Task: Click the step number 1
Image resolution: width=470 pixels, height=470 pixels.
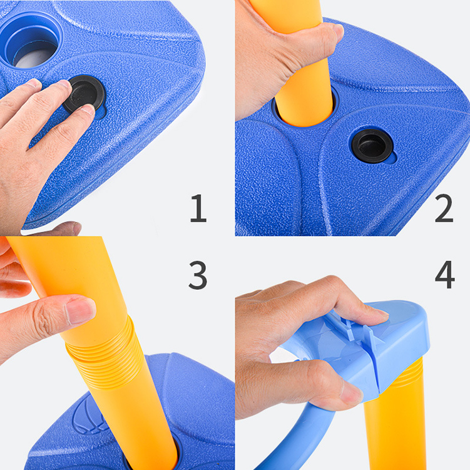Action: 198,208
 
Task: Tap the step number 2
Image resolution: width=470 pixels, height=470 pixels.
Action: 444,208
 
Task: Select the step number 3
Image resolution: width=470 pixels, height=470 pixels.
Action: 198,275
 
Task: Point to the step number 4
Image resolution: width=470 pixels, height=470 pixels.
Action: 445,274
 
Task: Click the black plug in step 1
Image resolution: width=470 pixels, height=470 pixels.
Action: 84,94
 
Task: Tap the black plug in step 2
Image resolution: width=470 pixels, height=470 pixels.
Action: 372,146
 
